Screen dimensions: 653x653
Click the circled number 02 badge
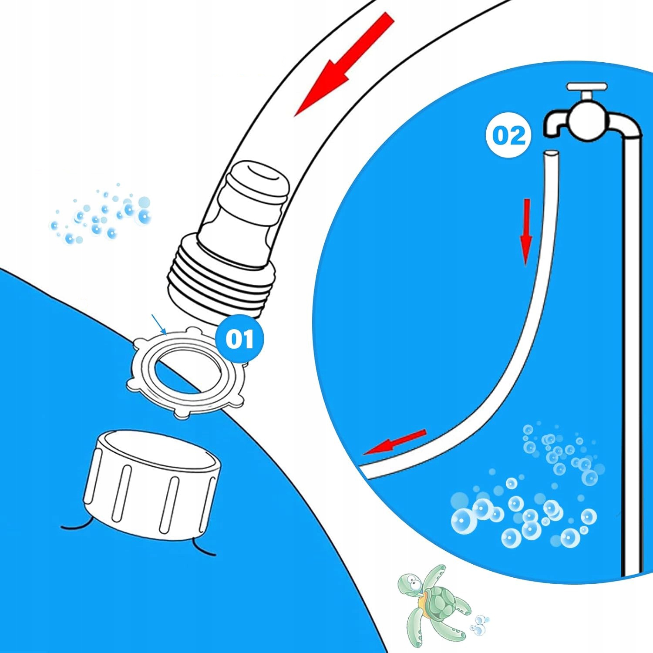[x=508, y=136]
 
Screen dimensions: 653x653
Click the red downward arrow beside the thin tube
[x=526, y=231]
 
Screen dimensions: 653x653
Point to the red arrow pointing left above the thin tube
[x=394, y=442]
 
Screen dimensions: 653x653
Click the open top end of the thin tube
[x=551, y=154]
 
